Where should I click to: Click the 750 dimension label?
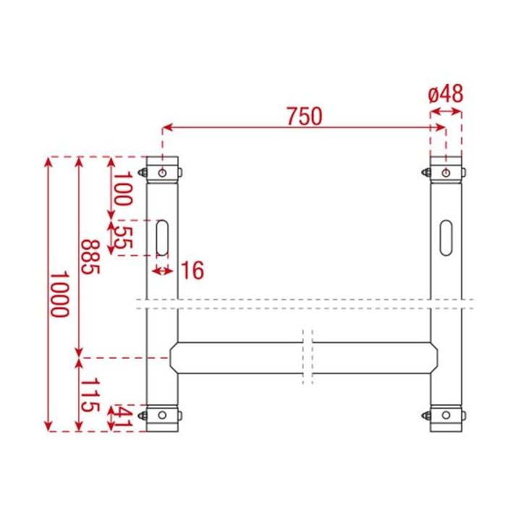(303, 116)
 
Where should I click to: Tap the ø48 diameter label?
(445, 94)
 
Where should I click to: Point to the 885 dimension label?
(89, 258)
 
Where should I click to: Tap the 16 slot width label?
(192, 271)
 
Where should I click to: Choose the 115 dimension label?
(89, 395)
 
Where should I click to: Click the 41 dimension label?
(123, 419)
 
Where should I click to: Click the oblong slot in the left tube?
(163, 236)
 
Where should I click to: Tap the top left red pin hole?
(164, 172)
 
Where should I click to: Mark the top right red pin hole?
(446, 172)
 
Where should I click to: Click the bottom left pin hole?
(164, 415)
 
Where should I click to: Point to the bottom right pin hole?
(446, 415)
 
